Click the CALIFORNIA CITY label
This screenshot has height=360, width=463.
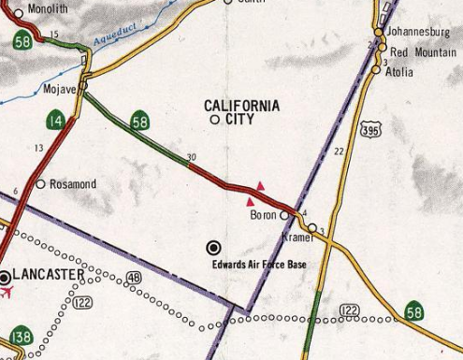(x=241, y=112)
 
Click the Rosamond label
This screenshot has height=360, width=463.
(x=72, y=184)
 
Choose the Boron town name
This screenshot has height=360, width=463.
(x=265, y=216)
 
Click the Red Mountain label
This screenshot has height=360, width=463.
(x=424, y=51)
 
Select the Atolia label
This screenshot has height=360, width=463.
(x=403, y=69)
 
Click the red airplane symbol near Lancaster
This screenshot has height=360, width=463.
(x=9, y=293)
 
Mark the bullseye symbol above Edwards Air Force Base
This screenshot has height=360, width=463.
(x=213, y=247)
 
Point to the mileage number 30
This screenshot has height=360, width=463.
(x=192, y=157)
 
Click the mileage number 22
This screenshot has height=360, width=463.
(x=339, y=151)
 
